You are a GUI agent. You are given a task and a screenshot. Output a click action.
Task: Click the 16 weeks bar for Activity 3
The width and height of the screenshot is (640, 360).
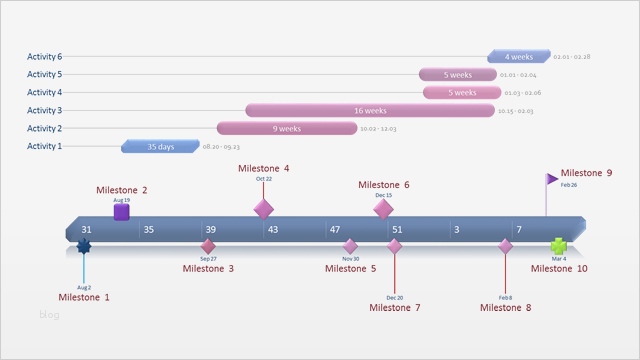point(370,110)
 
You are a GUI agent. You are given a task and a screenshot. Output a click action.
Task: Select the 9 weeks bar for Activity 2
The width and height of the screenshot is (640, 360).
point(287,128)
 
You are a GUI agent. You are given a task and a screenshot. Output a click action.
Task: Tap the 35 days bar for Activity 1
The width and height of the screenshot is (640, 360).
point(160,147)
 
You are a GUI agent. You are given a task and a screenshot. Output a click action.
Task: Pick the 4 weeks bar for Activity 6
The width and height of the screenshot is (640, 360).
point(519,57)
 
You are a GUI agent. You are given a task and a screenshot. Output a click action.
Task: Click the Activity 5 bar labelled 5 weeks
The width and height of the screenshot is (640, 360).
point(457,75)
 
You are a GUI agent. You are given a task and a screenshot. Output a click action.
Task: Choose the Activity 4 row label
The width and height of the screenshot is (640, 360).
point(44,93)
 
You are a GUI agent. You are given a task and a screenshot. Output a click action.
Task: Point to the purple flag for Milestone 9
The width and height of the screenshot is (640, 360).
point(552,179)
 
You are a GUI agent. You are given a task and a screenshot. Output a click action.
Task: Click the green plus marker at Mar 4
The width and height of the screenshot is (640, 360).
point(559,246)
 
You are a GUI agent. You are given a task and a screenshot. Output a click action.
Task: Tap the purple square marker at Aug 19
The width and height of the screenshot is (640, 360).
point(121,212)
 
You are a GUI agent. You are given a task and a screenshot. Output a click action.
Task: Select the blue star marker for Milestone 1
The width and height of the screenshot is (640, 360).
point(84,246)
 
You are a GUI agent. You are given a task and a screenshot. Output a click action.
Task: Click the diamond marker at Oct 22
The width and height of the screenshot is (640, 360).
point(263,208)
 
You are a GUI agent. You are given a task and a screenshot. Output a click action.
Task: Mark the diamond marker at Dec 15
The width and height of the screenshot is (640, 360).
point(383,208)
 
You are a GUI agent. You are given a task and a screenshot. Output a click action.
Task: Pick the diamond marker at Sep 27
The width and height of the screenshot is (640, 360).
point(208,246)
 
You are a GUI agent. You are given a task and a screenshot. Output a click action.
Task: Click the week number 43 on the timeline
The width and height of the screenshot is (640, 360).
point(272,230)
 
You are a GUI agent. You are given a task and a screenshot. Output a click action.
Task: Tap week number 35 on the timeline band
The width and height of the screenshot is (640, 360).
point(148,230)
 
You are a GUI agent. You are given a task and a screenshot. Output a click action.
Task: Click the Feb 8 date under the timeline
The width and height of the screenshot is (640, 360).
point(505,297)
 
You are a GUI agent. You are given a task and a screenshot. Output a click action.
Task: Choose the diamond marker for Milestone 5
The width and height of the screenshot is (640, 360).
point(350,246)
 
